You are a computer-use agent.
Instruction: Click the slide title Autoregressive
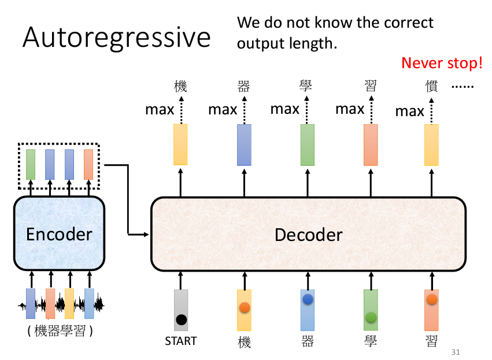116,38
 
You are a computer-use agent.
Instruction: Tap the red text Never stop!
442,63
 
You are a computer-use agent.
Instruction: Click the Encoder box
60,233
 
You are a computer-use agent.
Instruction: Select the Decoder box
309,234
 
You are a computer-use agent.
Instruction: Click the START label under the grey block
181,341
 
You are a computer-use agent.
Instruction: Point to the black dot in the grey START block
182,320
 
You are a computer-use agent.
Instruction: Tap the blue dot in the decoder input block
308,299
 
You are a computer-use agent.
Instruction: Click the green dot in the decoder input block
371,317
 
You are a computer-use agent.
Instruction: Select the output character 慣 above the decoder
431,86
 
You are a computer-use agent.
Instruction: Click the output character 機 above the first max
180,86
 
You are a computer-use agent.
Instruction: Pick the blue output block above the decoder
244,145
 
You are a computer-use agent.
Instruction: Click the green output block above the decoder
308,145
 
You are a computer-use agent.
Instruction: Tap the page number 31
456,352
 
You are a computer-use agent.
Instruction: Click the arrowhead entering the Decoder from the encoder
146,234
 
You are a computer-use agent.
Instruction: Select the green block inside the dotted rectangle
31,164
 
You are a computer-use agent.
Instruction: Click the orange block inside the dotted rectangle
88,164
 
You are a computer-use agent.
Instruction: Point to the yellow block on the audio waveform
69,303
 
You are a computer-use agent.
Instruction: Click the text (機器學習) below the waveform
60,331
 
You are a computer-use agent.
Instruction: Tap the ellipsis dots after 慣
463,87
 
